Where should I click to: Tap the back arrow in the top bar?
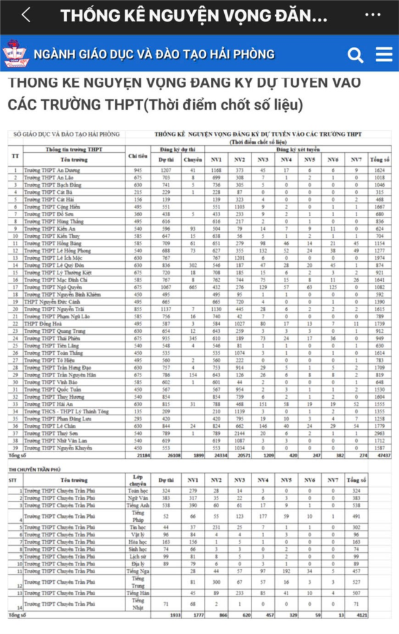pyautogui.click(x=25, y=16)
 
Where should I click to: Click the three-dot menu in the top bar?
pyautogui.click(x=374, y=16)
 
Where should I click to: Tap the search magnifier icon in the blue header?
pyautogui.click(x=355, y=55)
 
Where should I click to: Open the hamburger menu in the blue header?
pyautogui.click(x=384, y=55)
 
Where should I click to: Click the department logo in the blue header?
pyautogui.click(x=16, y=55)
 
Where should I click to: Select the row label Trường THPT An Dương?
pyautogui.click(x=48, y=171)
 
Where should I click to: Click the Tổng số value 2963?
pyautogui.click(x=379, y=433)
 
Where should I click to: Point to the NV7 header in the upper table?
pyautogui.click(x=357, y=159)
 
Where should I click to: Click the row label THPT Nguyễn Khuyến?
pyautogui.click(x=51, y=448)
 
